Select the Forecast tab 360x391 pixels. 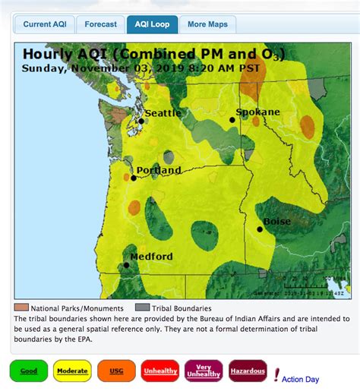[x=100, y=24]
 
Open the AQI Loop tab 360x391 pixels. [x=152, y=24]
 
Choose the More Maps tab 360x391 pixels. [x=207, y=24]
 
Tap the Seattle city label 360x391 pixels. [x=163, y=113]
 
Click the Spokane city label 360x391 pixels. [x=257, y=112]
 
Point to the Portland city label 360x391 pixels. [x=158, y=171]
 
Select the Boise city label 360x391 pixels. [x=276, y=222]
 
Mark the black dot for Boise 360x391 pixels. [x=260, y=229]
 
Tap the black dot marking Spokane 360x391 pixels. [x=233, y=120]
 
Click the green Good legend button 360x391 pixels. [x=28, y=371]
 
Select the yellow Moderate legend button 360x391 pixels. [x=72, y=371]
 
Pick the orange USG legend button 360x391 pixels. [x=116, y=371]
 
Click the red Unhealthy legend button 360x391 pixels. [x=159, y=371]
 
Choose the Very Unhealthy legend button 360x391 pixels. [x=203, y=371]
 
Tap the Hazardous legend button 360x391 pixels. [x=248, y=371]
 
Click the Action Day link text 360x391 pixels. [x=301, y=378]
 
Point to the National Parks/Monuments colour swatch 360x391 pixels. [x=21, y=308]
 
